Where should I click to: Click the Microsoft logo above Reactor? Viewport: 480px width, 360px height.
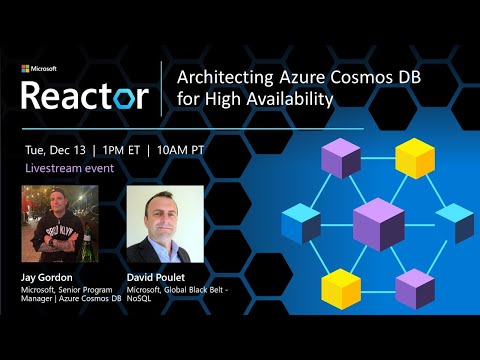click(x=39, y=69)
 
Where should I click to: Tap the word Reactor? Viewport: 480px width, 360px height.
click(x=85, y=95)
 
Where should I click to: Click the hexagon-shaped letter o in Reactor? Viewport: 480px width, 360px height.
click(x=132, y=97)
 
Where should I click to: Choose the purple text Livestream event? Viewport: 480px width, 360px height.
click(x=71, y=169)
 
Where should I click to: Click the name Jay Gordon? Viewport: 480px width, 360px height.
click(x=49, y=278)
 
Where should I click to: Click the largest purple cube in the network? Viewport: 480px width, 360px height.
click(x=378, y=223)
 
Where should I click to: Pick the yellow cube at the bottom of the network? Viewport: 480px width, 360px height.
click(x=341, y=288)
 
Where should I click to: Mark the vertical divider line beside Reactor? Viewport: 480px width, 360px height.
click(x=162, y=88)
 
